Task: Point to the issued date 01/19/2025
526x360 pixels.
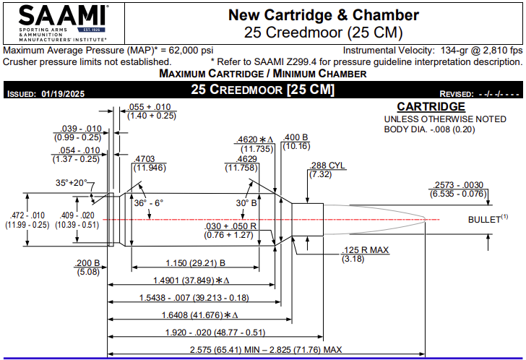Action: click(x=64, y=94)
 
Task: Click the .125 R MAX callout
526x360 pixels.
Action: click(x=365, y=250)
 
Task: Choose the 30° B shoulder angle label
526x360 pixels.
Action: click(x=248, y=203)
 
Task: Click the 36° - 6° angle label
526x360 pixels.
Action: click(x=148, y=203)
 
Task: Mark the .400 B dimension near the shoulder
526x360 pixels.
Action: click(x=296, y=137)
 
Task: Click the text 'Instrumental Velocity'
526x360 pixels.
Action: click(x=387, y=51)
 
